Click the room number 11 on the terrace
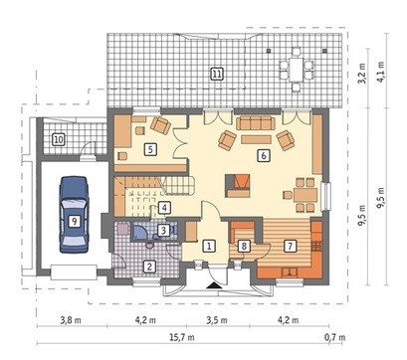tap(216, 74)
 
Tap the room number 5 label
tap(150, 149)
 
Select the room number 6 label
tap(264, 155)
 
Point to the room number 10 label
tap(59, 139)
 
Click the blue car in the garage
tap(75, 215)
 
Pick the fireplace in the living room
tap(237, 186)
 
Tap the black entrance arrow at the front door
tap(214, 285)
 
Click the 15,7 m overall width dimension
tap(182, 337)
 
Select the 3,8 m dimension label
tap(71, 320)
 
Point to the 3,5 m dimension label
tap(217, 320)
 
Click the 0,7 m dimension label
tap(334, 337)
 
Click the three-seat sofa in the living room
tap(256, 123)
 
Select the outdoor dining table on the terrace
tap(297, 70)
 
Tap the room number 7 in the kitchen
tap(290, 246)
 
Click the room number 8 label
tap(244, 246)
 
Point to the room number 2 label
tap(149, 266)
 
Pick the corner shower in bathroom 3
tap(141, 232)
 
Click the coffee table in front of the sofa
tap(256, 139)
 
